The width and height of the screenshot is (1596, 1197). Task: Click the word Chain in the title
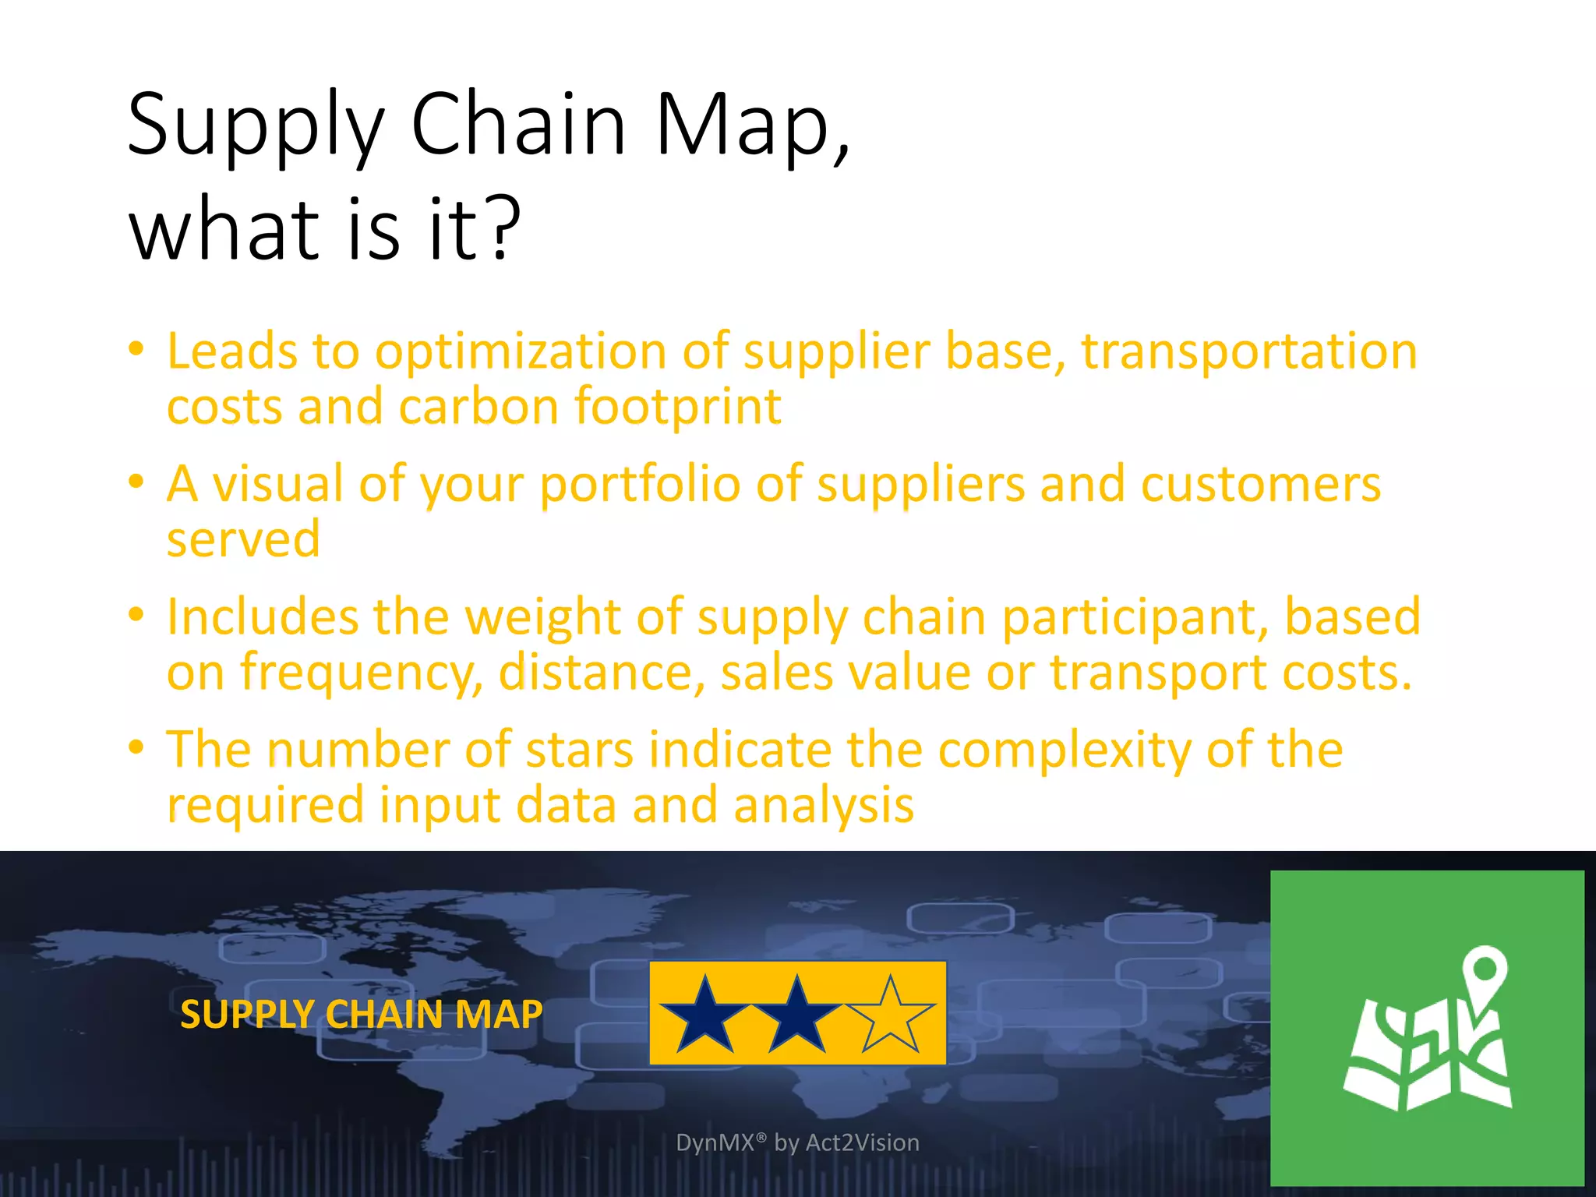[518, 125]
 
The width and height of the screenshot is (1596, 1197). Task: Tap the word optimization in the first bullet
[521, 352]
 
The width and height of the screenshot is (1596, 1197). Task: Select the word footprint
[677, 408]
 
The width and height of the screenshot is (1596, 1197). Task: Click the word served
[243, 539]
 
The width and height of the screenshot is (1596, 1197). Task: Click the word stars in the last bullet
[579, 750]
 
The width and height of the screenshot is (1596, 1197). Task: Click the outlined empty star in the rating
[890, 1015]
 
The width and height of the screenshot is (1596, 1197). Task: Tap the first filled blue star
[704, 1015]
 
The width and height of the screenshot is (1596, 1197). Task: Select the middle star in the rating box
[796, 1015]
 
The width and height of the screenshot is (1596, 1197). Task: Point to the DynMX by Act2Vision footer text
[797, 1142]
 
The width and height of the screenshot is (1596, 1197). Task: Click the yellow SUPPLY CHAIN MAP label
[361, 1015]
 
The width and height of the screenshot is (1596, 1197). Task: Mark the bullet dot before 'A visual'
[136, 482]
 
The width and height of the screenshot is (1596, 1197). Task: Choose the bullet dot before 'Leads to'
[136, 348]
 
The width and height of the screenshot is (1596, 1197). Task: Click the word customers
[1260, 485]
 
